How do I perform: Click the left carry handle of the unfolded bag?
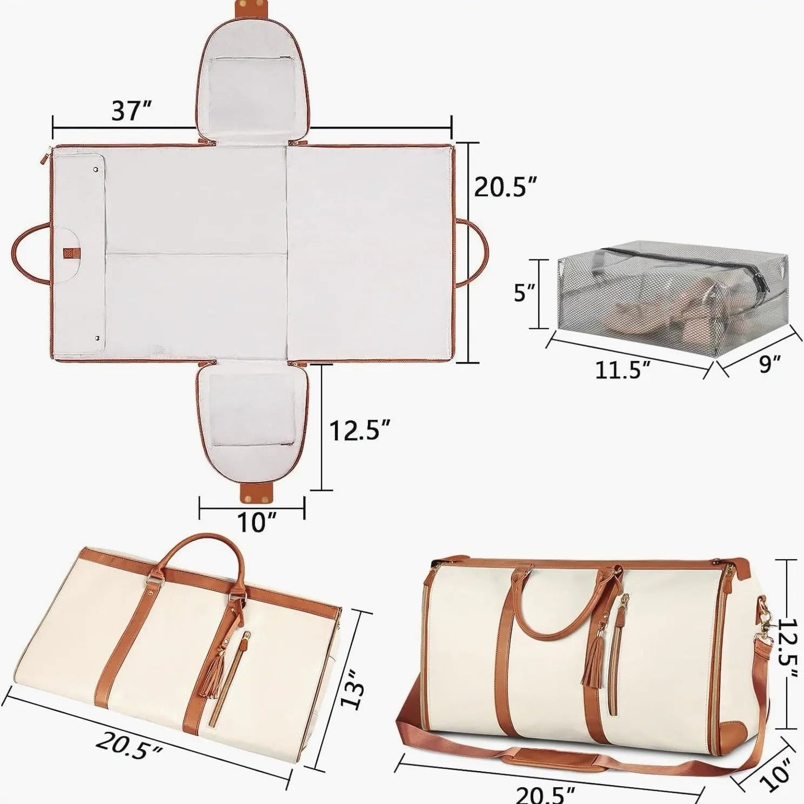29,253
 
